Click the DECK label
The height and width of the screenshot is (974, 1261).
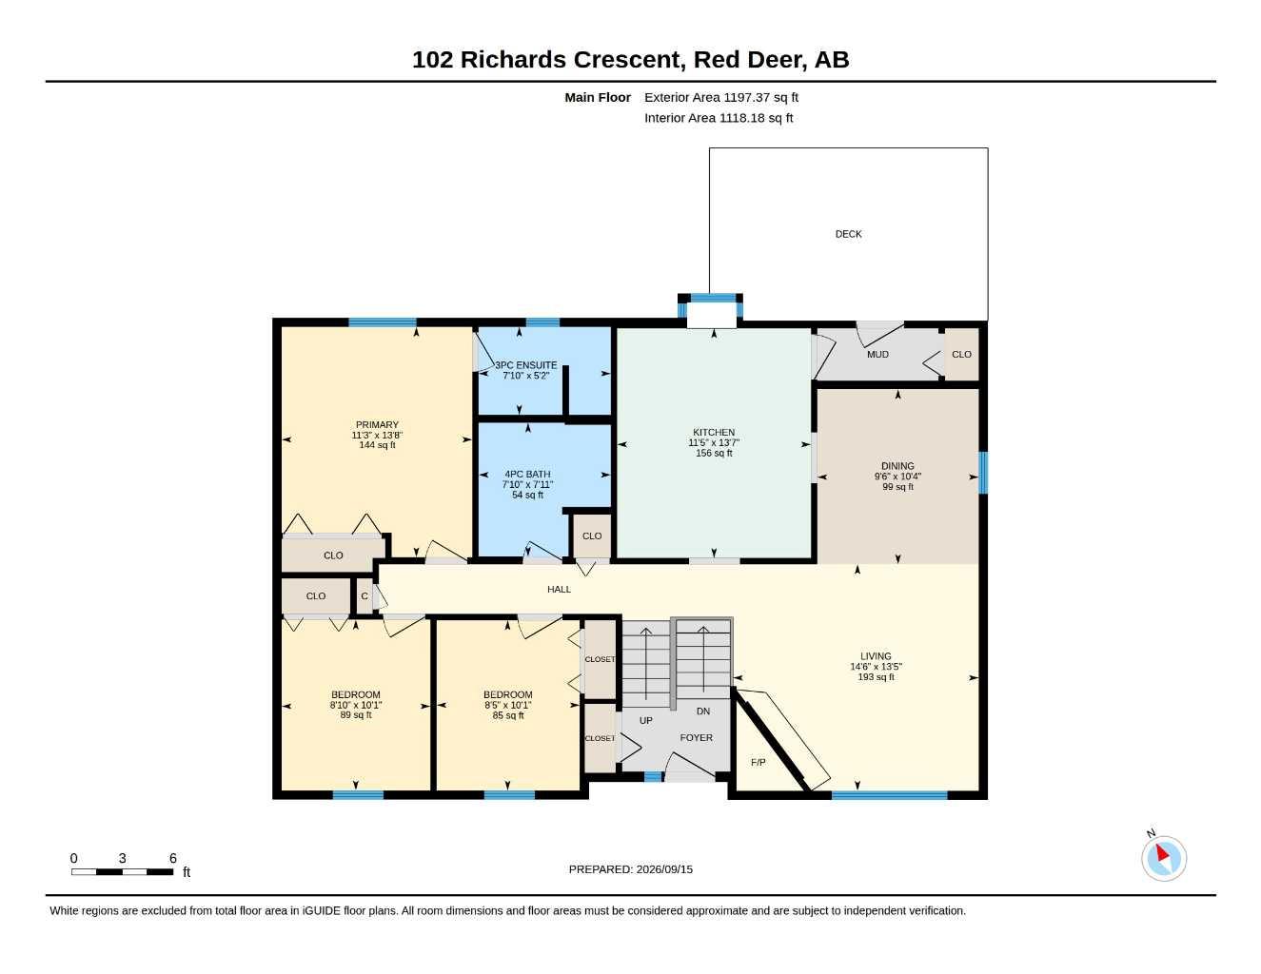pos(848,234)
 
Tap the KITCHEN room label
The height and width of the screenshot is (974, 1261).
pos(714,433)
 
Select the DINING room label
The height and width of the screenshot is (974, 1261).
pos(897,466)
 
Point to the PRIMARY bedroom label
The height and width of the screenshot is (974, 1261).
pos(377,425)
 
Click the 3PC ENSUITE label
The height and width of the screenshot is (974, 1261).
pos(525,365)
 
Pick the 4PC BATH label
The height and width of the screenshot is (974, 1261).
pos(527,475)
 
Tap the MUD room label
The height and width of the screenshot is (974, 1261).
pos(877,354)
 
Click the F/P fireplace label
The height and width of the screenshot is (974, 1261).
pos(758,763)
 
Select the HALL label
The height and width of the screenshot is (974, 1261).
pos(559,589)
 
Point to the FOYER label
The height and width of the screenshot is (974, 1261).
pos(697,737)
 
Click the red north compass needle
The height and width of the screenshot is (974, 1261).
pos(1162,852)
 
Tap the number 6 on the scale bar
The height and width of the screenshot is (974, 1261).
pos(173,858)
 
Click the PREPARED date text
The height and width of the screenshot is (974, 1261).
pos(631,869)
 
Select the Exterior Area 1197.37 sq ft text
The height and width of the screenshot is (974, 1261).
pos(721,97)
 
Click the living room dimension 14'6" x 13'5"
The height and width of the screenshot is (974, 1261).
pos(876,667)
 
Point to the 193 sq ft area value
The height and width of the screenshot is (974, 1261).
pos(876,676)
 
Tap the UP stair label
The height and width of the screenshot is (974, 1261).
pos(646,721)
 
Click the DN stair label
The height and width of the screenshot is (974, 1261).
pos(702,711)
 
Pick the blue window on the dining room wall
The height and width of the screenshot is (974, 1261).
pos(983,473)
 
